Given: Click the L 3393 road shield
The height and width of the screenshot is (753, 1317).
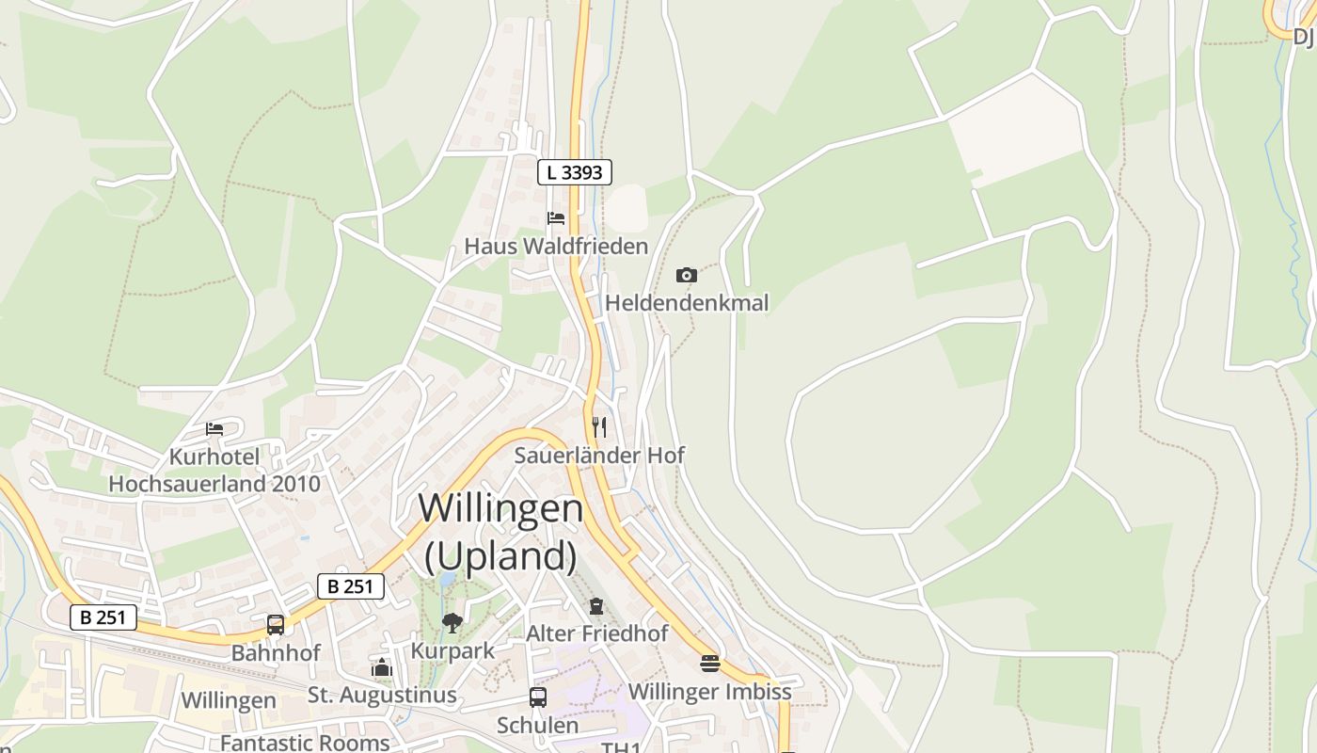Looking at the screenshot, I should click(x=575, y=172).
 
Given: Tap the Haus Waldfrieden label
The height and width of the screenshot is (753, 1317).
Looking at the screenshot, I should click(x=556, y=247).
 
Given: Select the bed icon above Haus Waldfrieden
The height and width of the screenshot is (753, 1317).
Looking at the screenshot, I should click(x=556, y=218).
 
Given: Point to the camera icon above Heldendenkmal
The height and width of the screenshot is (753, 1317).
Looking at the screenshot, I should click(x=687, y=275).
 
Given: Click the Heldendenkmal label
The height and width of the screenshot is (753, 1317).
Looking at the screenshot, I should click(x=687, y=303).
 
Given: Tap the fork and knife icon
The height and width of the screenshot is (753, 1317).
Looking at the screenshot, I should click(x=599, y=426).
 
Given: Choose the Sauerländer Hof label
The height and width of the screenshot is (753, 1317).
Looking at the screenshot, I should click(x=599, y=456).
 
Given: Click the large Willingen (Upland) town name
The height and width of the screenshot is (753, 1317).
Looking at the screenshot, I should click(x=500, y=532).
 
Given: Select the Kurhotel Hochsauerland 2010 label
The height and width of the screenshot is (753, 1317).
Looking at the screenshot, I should click(x=214, y=471).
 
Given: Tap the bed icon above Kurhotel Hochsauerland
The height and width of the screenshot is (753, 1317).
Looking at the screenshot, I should click(x=214, y=428).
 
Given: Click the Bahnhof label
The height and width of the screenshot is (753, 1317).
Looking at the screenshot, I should click(x=276, y=652).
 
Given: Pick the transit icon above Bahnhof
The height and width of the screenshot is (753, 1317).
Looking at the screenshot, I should click(x=276, y=624).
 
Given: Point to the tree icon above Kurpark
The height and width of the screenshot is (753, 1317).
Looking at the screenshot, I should click(x=452, y=622).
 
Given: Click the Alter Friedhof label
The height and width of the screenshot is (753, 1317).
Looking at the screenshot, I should click(x=596, y=633).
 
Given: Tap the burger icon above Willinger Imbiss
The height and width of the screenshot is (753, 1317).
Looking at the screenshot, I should click(x=710, y=664).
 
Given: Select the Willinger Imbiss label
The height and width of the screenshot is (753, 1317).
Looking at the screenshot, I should click(x=709, y=692).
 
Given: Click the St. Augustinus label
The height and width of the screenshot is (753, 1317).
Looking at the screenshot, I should click(x=382, y=696).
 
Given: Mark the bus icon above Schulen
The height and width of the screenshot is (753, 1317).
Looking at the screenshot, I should click(x=538, y=697).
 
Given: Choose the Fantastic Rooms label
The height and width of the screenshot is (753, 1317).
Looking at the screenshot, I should click(x=305, y=743).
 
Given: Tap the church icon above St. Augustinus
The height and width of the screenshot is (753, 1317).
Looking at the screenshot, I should click(x=382, y=667).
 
